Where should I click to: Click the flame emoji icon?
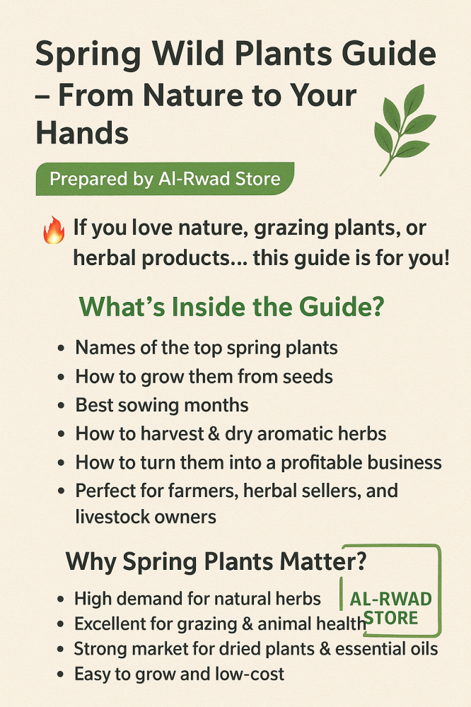54,230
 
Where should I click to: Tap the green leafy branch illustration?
405,129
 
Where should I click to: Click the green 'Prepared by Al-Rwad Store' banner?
165,179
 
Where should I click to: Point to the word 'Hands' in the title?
82,133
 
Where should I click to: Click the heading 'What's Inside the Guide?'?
232,307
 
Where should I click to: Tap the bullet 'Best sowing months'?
161,405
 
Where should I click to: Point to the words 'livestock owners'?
146,517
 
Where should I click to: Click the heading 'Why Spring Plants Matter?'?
216,562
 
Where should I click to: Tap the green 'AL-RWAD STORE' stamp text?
390,608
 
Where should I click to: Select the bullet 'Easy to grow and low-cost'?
179,674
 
